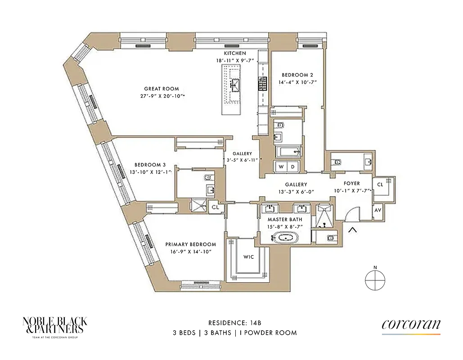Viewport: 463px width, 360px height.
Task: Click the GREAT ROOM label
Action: pos(162,89)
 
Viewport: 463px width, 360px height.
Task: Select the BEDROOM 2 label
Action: pos(297,75)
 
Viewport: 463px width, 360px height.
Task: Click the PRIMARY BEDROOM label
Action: pos(188,244)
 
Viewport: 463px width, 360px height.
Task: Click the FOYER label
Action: pos(351,184)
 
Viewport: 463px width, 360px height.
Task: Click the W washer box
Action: pos(281,166)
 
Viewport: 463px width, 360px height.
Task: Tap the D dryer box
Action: pos(293,166)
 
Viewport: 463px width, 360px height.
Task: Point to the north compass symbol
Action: pos(375,280)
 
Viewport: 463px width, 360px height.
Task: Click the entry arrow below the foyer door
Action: pos(353,231)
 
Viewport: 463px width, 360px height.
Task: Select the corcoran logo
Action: pos(411,326)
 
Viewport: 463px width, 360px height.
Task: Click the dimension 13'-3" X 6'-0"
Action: pos(296,192)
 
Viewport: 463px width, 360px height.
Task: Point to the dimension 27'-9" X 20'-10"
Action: pos(162,96)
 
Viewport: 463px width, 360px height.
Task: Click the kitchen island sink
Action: pos(234,84)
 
